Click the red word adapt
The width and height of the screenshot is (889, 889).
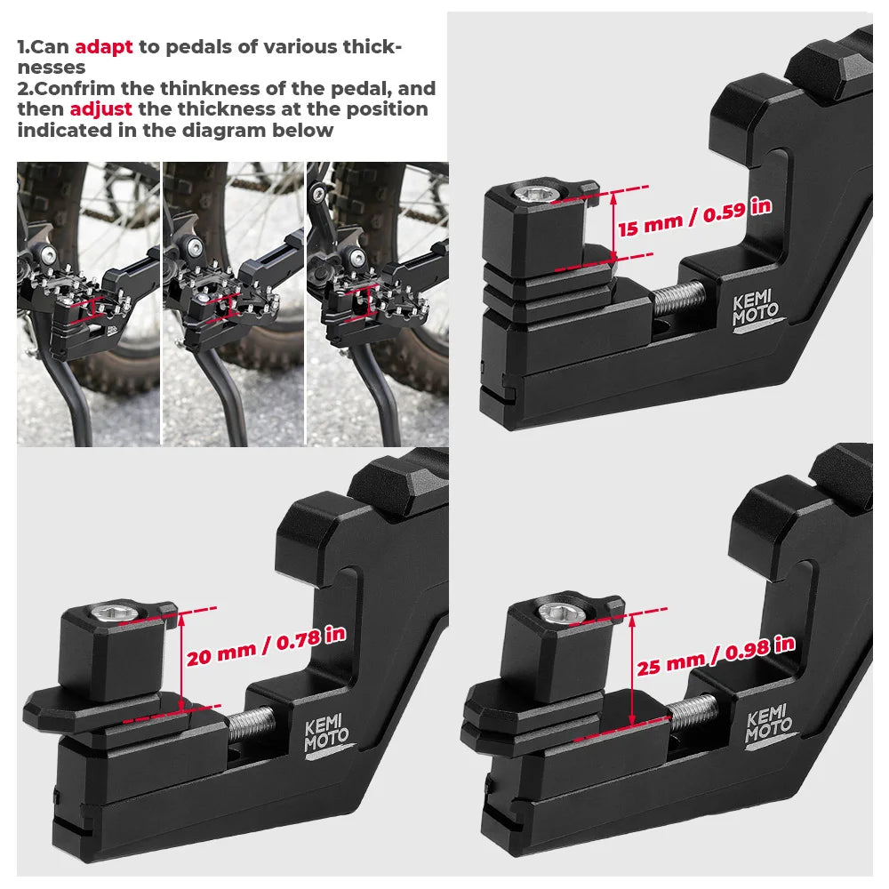[x=104, y=47]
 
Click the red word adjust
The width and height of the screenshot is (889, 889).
[x=101, y=109]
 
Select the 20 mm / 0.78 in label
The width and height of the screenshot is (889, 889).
[x=266, y=647]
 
